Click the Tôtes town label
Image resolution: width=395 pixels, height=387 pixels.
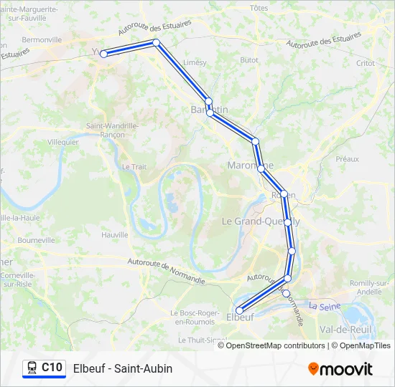click(x=259, y=8)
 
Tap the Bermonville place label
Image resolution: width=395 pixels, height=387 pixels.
click(x=42, y=39)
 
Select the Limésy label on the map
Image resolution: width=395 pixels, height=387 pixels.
click(x=195, y=62)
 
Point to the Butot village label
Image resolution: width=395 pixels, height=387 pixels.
click(x=248, y=61)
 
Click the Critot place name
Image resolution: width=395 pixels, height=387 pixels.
click(x=365, y=63)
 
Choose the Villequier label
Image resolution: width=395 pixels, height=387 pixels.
click(x=62, y=143)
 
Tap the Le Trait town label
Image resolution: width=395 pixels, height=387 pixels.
click(x=134, y=166)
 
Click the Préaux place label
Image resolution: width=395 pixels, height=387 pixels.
click(x=347, y=158)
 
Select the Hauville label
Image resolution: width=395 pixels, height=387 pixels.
click(x=115, y=234)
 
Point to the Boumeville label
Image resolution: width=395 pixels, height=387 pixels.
click(x=36, y=240)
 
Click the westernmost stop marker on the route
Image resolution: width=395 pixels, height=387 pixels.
click(x=103, y=54)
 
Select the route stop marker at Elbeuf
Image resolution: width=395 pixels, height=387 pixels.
click(x=239, y=310)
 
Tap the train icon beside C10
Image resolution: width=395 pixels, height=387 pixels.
click(x=32, y=368)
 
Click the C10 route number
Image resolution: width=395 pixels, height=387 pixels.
click(x=52, y=368)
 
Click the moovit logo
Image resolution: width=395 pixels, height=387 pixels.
click(x=340, y=369)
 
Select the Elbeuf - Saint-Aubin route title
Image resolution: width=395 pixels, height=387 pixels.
click(x=123, y=368)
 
